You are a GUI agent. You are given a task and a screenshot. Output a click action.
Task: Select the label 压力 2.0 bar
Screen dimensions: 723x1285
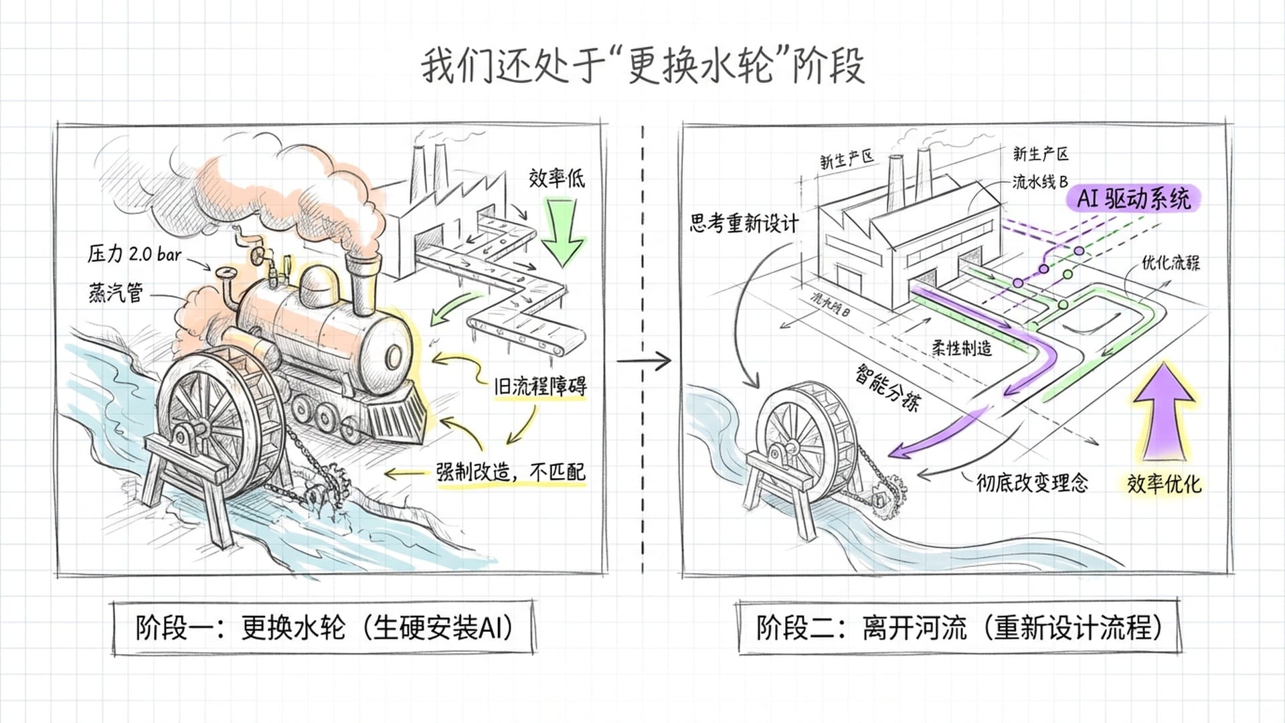(135, 254)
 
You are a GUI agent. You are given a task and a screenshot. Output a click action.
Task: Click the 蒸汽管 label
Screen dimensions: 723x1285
(116, 293)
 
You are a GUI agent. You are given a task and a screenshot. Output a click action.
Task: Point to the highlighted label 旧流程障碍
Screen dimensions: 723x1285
(539, 387)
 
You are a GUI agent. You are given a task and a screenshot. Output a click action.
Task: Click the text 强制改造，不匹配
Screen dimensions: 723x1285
(511, 472)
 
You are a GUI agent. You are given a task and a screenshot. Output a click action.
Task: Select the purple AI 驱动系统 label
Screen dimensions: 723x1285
(1134, 199)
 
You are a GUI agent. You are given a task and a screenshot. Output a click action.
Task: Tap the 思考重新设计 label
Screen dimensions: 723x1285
(744, 223)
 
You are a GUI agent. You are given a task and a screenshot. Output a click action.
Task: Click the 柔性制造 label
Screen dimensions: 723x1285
(962, 347)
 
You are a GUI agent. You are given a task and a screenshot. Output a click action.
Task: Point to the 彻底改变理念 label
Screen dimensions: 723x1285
(1032, 482)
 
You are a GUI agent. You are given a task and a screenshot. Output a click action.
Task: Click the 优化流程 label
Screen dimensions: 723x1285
(1171, 262)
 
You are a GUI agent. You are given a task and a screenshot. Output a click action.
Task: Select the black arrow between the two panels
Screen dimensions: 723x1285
(643, 361)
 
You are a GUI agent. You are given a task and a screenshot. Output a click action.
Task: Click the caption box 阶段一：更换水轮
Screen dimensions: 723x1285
(323, 628)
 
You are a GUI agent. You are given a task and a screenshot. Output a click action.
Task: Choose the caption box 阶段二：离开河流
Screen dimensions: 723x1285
(958, 628)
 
